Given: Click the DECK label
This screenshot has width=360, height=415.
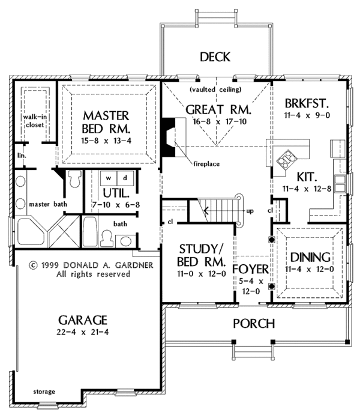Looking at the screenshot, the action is [x=215, y=57].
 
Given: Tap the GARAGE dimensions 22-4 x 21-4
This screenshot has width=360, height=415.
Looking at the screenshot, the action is [x=82, y=332].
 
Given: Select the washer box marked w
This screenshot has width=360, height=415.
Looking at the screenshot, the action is [x=109, y=178].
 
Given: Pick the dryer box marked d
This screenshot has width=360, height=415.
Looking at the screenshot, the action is [x=125, y=178].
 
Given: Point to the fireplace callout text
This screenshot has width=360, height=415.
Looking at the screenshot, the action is [x=206, y=164].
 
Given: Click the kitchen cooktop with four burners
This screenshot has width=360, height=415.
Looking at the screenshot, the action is [x=286, y=159].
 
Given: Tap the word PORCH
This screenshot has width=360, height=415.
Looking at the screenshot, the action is [x=254, y=324].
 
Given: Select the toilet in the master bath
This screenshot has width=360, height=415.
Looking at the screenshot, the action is [x=74, y=179].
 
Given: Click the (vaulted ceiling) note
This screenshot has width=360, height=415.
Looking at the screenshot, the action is [x=215, y=89].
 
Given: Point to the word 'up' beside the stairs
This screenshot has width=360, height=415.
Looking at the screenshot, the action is [x=250, y=211].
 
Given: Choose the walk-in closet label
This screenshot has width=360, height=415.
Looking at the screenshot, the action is [x=35, y=121].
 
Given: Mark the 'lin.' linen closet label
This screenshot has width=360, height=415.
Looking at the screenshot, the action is [x=22, y=156].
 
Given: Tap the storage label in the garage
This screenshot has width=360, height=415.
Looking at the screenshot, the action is [x=44, y=392].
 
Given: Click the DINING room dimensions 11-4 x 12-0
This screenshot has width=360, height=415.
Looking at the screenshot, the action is [x=309, y=269].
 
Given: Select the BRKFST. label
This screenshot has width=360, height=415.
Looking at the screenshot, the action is [x=307, y=103].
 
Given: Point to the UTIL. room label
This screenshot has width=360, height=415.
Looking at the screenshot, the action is [x=116, y=193].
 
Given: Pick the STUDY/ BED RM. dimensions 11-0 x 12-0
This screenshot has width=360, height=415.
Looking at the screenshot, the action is [x=202, y=274].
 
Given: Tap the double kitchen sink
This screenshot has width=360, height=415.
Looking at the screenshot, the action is [x=340, y=183].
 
